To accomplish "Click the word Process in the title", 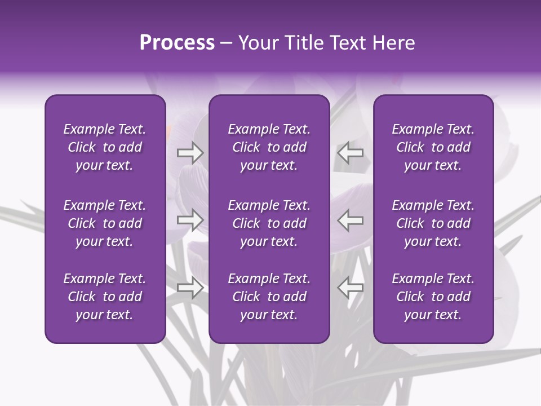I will [177, 43].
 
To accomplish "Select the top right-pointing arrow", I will [190, 153].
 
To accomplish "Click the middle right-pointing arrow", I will [190, 220].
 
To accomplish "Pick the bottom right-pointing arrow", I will [190, 288].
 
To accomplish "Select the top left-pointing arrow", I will [350, 153].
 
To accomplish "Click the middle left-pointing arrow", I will [350, 220].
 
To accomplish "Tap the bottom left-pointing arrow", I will [350, 288].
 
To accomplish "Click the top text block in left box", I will [105, 147].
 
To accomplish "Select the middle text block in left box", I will [105, 223].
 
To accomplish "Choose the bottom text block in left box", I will [105, 297].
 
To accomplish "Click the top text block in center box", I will [269, 147].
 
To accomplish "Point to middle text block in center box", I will [269, 223].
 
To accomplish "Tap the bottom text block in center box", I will [269, 297].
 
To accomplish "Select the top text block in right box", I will [433, 147].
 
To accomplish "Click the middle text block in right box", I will [433, 223].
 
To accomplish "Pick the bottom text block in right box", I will [433, 297].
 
